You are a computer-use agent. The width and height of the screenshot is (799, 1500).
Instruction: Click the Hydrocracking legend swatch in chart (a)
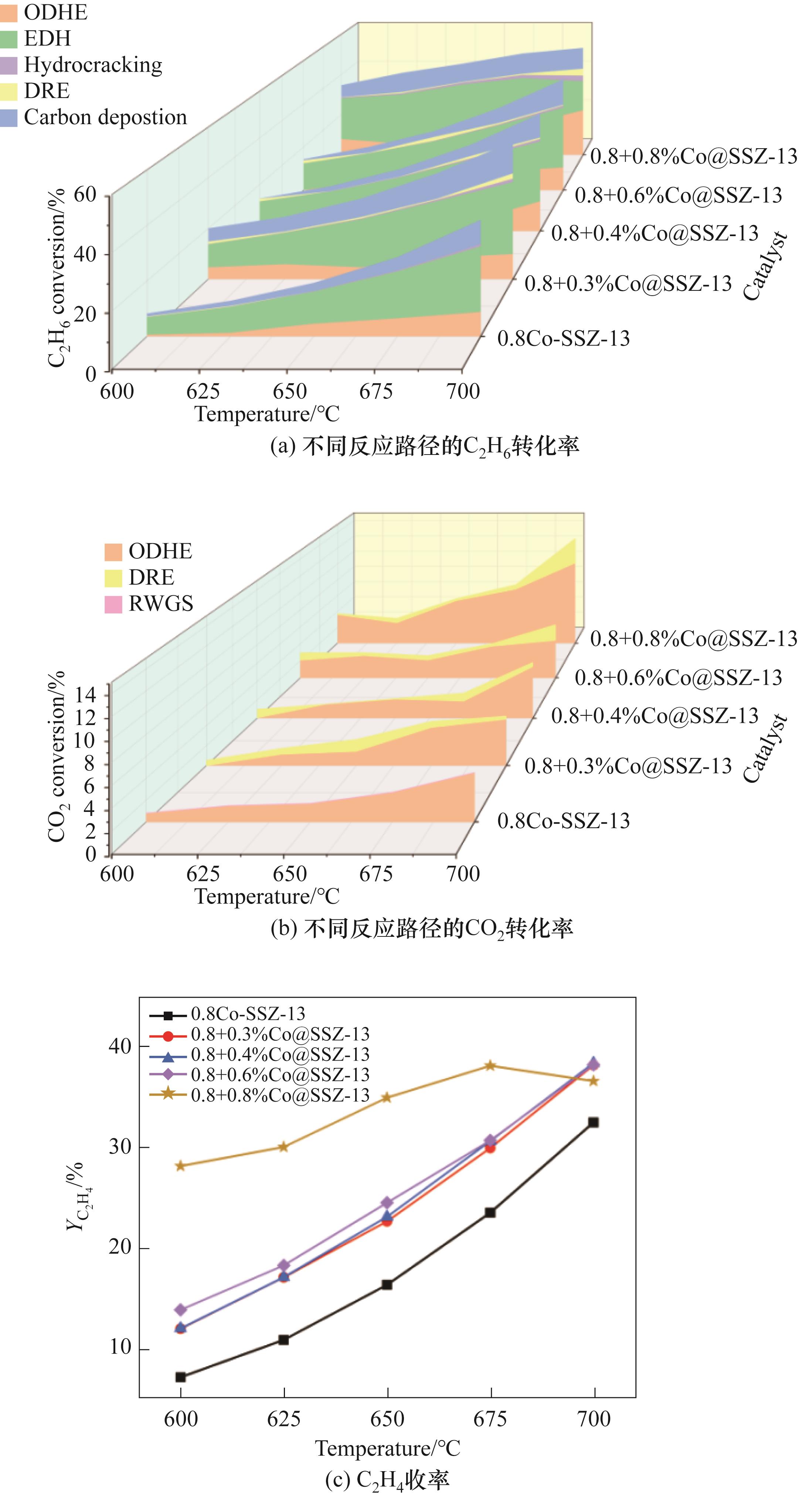(9, 65)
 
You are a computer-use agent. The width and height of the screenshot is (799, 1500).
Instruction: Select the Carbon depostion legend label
(105, 118)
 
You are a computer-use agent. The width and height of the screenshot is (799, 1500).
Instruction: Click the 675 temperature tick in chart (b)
(375, 874)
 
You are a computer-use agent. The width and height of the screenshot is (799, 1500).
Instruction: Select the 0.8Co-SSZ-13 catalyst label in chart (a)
(563, 338)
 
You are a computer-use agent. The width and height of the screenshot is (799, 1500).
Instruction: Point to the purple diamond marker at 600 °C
(180, 1310)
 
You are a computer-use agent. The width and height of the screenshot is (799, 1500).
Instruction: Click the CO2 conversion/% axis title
(57, 757)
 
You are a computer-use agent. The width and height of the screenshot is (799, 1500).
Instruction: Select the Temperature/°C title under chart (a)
(267, 414)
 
